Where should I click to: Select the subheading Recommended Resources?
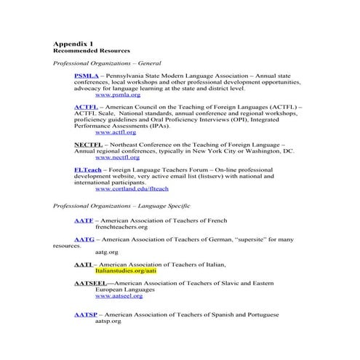(x=92, y=51)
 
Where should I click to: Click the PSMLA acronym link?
(x=86, y=76)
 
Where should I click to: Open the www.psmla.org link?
(x=118, y=95)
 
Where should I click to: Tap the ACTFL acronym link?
(x=86, y=107)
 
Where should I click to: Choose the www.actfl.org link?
(x=116, y=132)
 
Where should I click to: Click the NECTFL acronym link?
(x=88, y=145)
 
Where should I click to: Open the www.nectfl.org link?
(x=117, y=157)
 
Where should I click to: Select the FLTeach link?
(x=88, y=169)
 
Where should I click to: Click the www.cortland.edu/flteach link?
(x=132, y=188)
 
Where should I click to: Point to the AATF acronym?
(x=84, y=220)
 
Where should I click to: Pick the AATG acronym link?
(x=84, y=239)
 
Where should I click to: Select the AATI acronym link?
(x=83, y=264)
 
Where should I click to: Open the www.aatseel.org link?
(x=119, y=296)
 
